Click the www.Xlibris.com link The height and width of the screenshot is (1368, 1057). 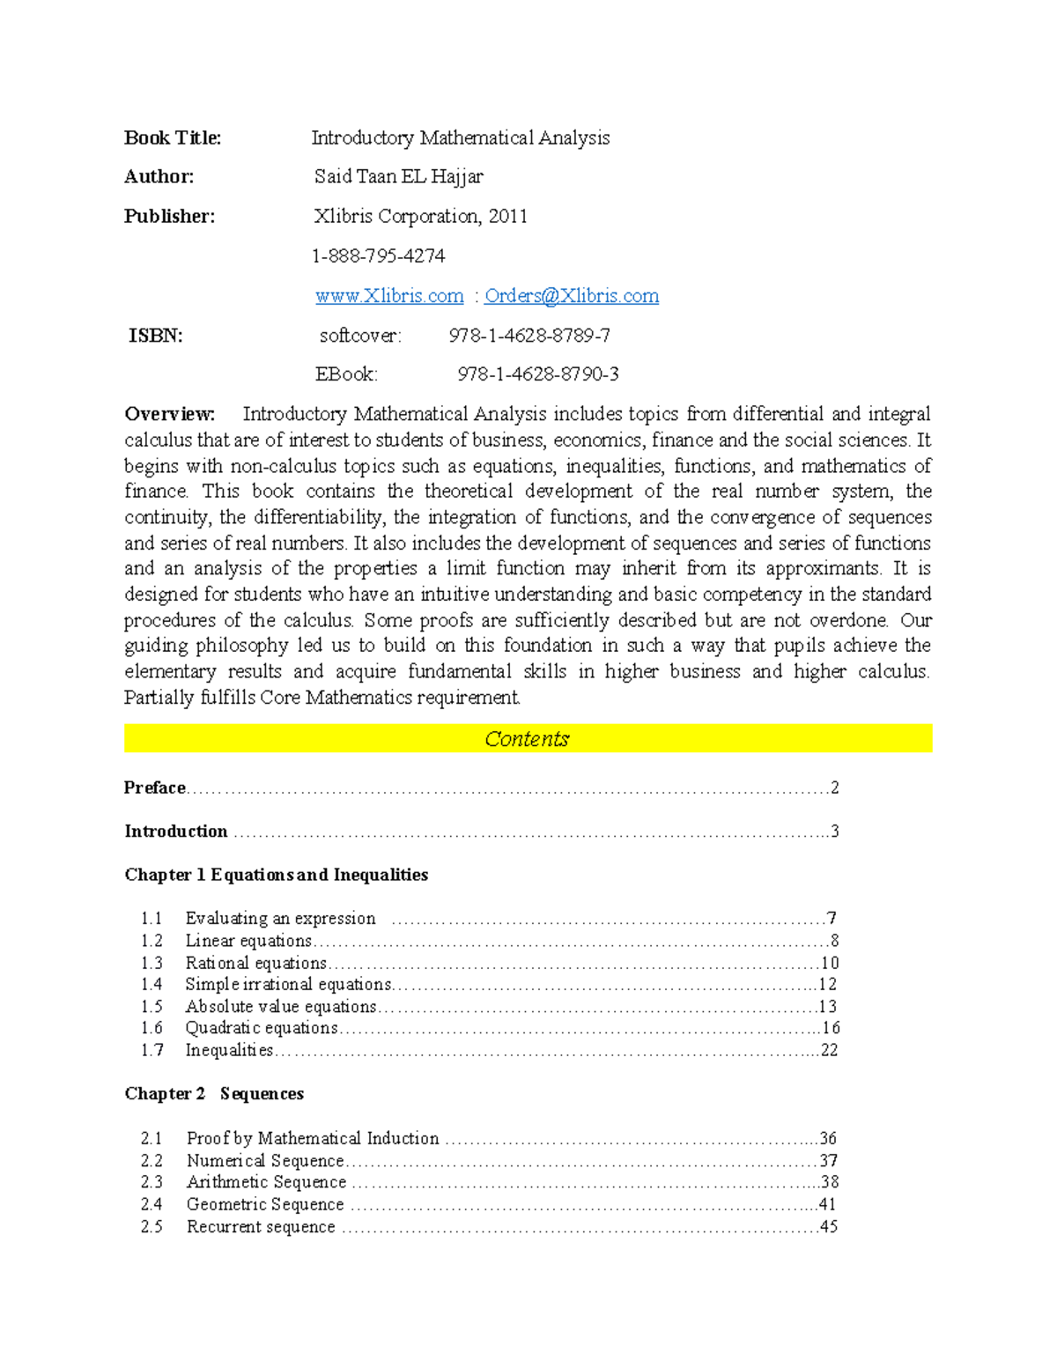click(x=389, y=296)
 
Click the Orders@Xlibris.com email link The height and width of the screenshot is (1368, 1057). click(x=571, y=296)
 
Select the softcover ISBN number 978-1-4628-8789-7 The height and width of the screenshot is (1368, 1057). click(x=529, y=336)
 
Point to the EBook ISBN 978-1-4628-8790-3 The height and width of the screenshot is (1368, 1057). click(x=537, y=374)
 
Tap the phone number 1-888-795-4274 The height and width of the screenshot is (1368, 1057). click(x=379, y=256)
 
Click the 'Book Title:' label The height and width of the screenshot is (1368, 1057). click(x=173, y=138)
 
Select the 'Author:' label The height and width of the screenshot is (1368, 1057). click(x=159, y=177)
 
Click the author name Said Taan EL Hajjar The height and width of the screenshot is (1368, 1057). click(x=399, y=177)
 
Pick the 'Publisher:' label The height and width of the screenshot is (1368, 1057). click(x=169, y=217)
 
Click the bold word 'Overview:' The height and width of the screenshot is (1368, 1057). click(x=169, y=414)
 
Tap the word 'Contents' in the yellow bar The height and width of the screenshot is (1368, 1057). click(x=527, y=739)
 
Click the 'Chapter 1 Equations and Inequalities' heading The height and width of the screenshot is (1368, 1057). click(x=276, y=875)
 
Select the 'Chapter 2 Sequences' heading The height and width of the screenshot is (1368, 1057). click(x=214, y=1094)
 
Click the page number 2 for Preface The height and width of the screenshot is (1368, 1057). click(x=835, y=788)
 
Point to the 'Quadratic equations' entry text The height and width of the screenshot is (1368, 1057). click(x=262, y=1028)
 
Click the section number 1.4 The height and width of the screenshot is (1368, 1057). click(x=152, y=985)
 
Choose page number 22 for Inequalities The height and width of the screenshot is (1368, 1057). click(x=829, y=1050)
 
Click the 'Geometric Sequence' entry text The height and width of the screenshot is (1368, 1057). click(x=265, y=1204)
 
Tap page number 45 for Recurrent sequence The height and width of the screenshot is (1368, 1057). click(x=829, y=1226)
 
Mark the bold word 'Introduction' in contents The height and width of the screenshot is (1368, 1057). click(x=176, y=832)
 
